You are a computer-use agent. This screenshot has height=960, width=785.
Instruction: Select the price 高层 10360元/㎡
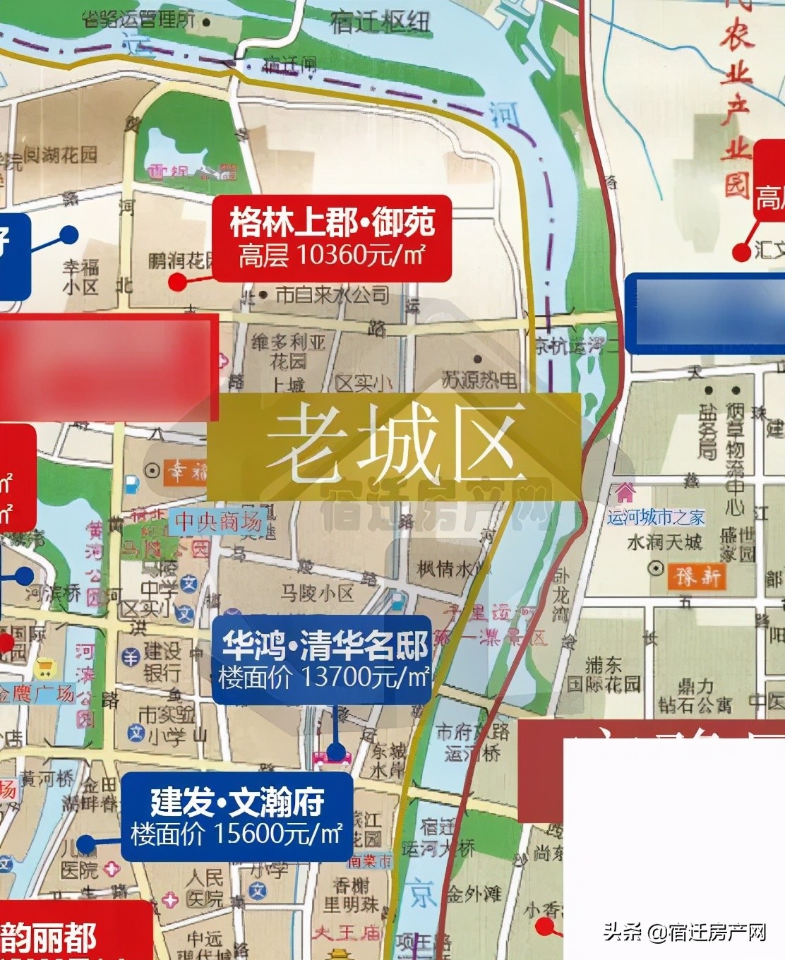[332, 255]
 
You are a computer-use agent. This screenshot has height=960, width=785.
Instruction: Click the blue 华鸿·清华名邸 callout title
[325, 645]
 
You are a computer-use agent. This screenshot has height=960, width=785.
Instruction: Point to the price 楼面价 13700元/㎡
[324, 677]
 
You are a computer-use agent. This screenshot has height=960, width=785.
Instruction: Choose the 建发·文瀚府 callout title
[237, 802]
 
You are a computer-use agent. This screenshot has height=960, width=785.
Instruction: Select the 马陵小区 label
[317, 593]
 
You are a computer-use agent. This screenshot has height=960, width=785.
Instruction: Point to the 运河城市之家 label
[656, 517]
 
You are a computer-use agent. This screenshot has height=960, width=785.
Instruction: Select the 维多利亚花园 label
[289, 352]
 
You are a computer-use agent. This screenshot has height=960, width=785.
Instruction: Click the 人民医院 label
[205, 888]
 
